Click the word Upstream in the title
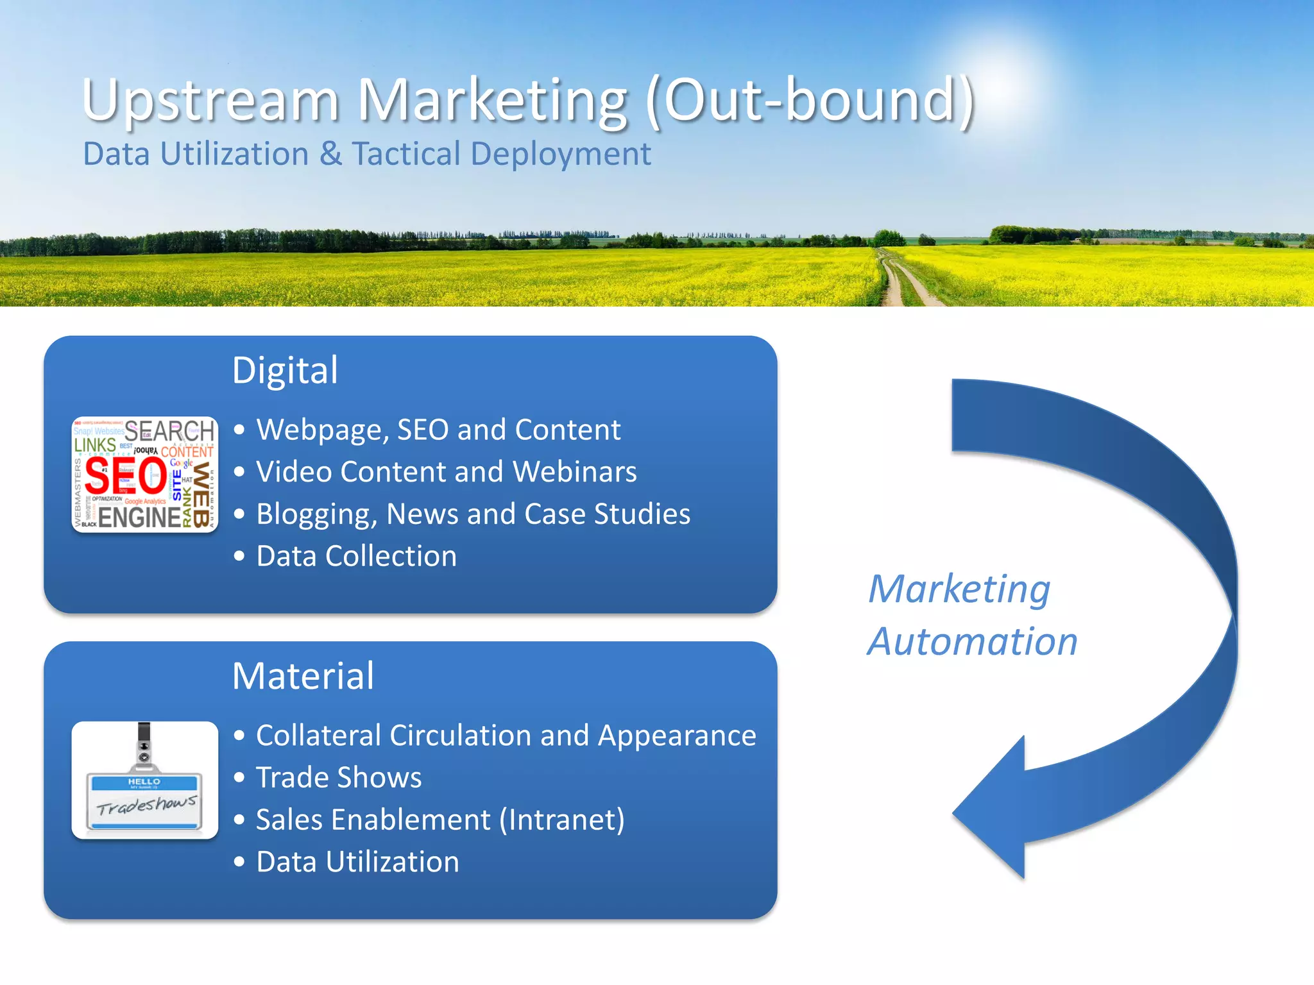point(210,101)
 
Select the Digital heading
point(285,371)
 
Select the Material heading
point(303,676)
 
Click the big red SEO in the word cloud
point(126,476)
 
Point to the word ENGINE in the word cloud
point(139,517)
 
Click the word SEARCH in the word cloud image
point(169,430)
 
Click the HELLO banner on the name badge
point(144,782)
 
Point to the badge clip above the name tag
point(144,747)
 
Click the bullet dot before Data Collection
point(239,556)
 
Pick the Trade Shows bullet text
point(339,778)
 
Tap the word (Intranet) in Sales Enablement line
point(561,820)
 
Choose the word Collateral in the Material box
point(319,736)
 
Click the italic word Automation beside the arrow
point(972,642)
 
